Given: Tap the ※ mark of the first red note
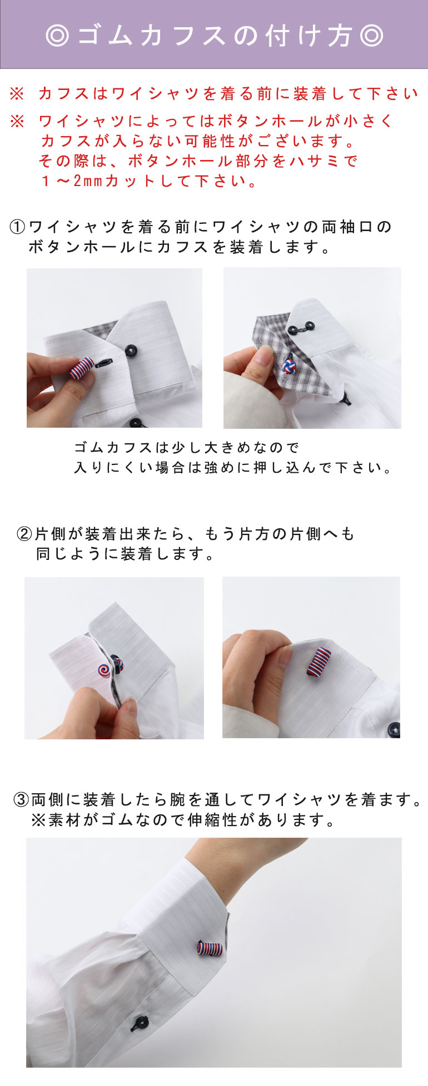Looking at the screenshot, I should pos(17,94).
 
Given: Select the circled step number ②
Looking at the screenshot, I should pos(25,534).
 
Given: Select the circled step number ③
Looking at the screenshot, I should pos(21,800).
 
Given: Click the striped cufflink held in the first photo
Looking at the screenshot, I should pos(82,368).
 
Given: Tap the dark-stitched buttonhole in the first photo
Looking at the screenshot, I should pos(104,363).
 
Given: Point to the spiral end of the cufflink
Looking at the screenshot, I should pos(104,669).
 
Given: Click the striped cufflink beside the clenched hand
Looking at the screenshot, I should pos(319,661).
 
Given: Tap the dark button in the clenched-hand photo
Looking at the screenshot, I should pos(394,728).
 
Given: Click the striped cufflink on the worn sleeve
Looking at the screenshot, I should pos(210,947).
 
